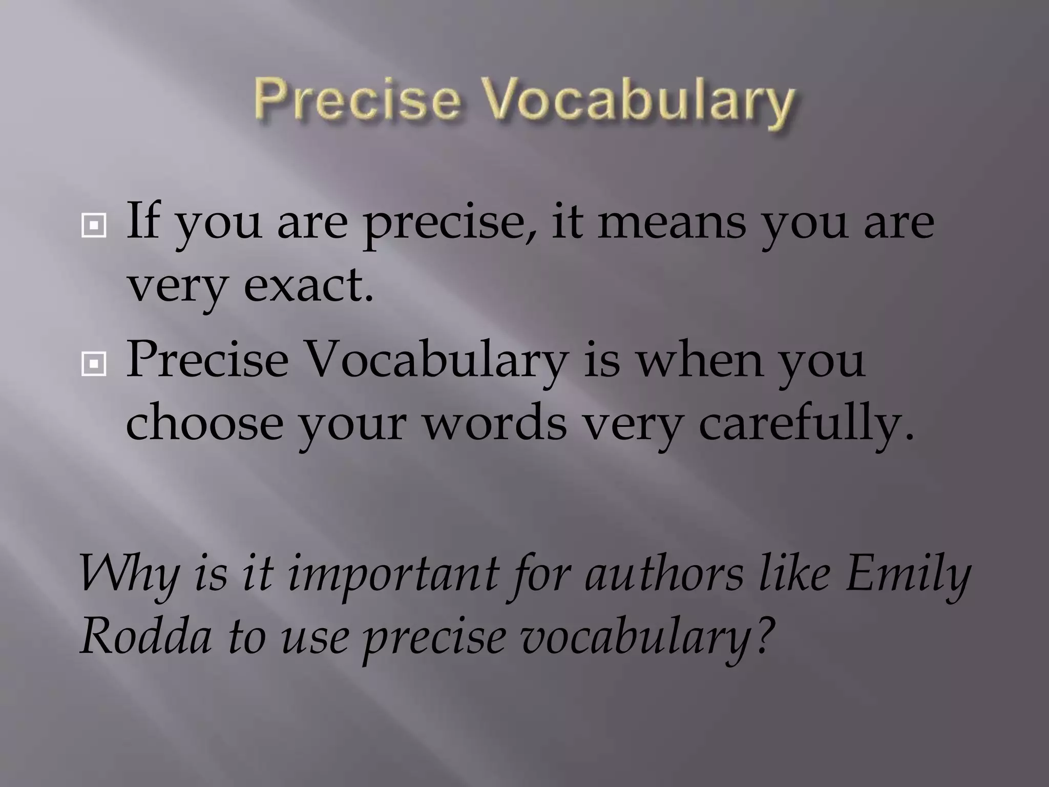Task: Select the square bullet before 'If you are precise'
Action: pos(94,224)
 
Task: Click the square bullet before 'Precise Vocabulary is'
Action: pos(94,364)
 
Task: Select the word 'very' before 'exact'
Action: pos(177,287)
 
